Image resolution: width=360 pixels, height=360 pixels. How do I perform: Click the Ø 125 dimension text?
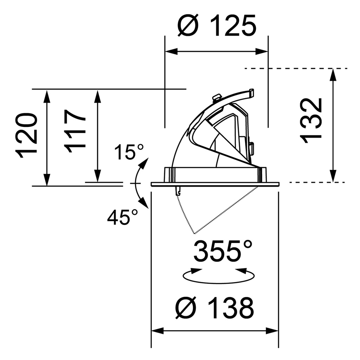[x=216, y=26]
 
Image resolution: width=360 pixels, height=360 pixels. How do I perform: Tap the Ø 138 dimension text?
[x=214, y=308]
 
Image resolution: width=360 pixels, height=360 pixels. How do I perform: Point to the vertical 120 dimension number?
[x=27, y=135]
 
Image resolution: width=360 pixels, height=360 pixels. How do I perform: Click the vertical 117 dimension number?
[x=75, y=131]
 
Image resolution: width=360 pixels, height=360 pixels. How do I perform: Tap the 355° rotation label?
[x=223, y=250]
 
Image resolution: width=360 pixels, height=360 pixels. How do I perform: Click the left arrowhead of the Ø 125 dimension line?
[x=170, y=52]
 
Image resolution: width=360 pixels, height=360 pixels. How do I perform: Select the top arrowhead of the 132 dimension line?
[x=333, y=73]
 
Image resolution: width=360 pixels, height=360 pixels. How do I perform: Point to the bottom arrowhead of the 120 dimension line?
[x=46, y=180]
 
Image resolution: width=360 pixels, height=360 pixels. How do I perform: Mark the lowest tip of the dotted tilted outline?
[x=194, y=233]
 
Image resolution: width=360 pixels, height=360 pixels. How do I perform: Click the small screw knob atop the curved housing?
[x=217, y=97]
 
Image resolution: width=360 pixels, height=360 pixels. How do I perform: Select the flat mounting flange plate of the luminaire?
[x=215, y=184]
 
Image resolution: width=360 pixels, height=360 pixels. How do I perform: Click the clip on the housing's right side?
[x=252, y=148]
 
